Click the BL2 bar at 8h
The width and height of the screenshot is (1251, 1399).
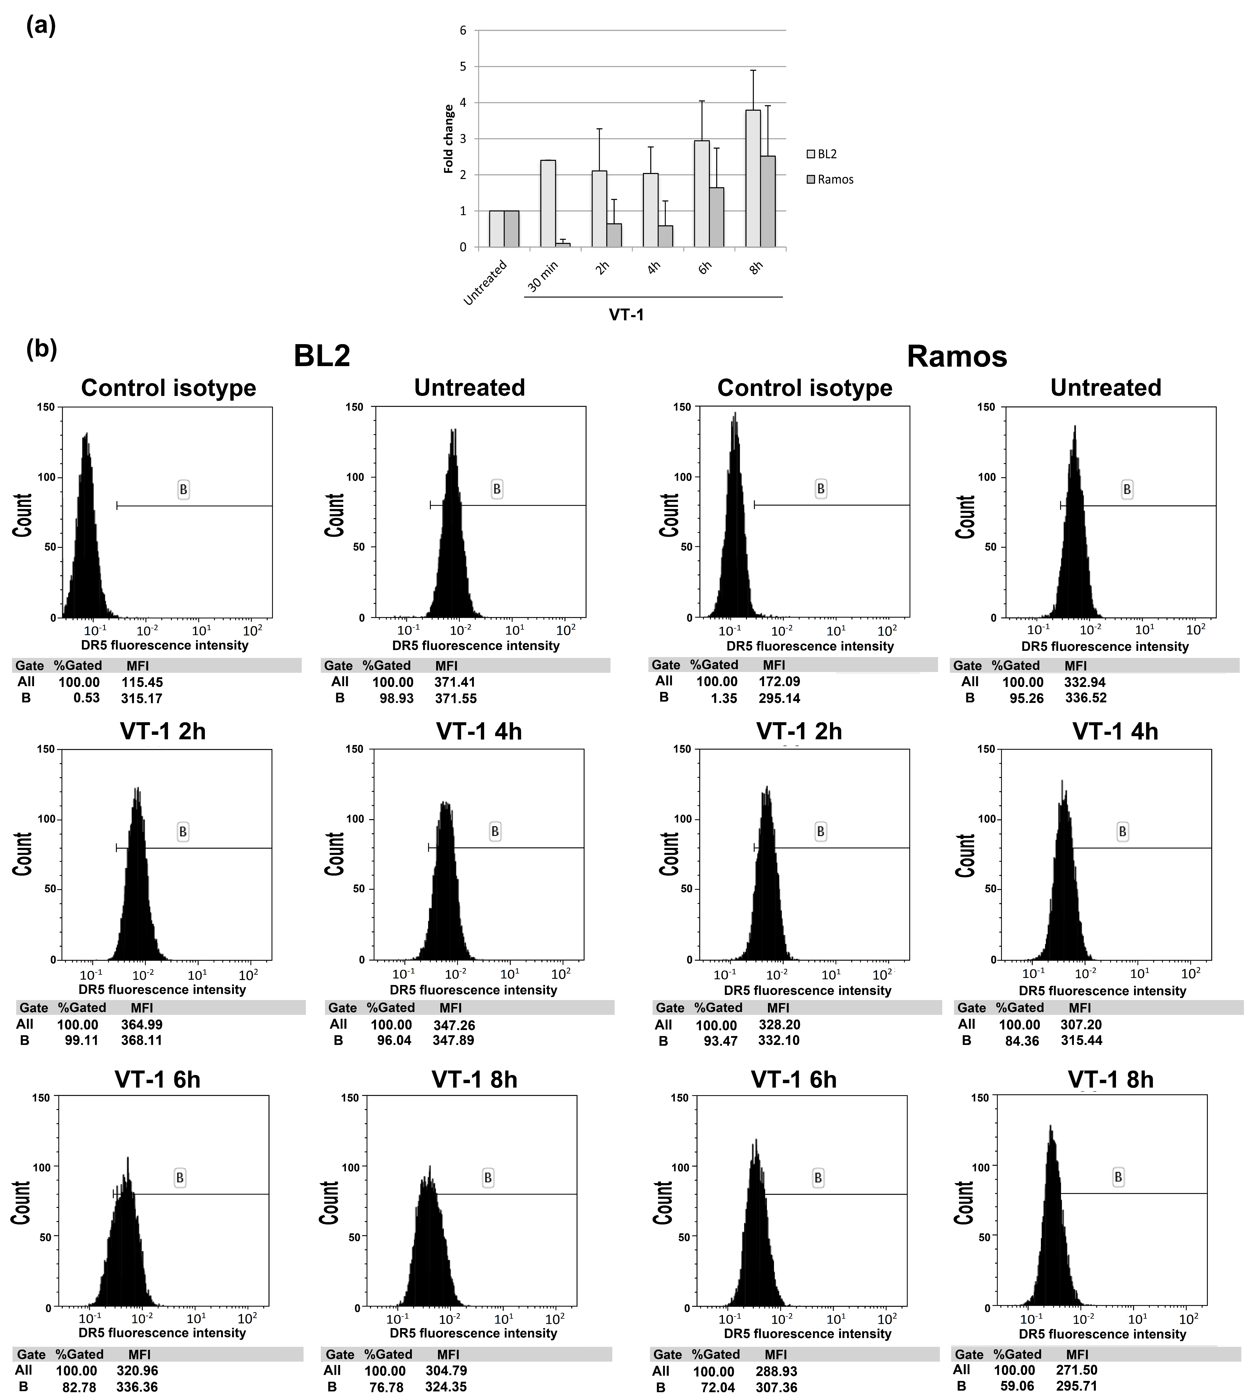753,179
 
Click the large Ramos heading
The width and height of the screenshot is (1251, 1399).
957,356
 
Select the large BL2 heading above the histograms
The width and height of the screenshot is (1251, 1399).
322,356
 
